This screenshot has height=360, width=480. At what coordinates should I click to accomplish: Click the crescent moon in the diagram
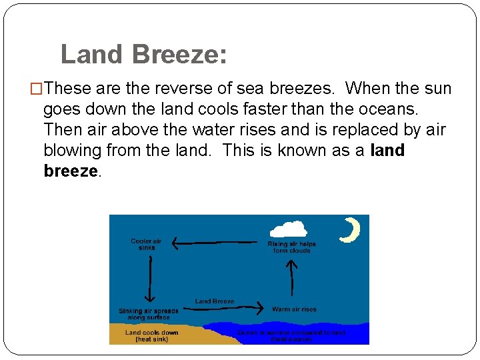tap(349, 230)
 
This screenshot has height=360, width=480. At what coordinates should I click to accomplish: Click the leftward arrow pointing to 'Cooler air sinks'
tap(214, 243)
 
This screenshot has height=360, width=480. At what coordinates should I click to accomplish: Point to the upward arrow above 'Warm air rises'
tap(291, 277)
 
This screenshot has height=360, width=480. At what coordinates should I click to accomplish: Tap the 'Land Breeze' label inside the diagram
tap(215, 301)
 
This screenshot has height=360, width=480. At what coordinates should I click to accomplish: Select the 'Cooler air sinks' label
tap(146, 244)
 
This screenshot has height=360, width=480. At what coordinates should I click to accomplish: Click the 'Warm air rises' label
tap(294, 309)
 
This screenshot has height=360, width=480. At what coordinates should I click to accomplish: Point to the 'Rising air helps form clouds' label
tap(291, 247)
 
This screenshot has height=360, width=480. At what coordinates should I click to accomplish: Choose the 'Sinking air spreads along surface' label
tap(149, 314)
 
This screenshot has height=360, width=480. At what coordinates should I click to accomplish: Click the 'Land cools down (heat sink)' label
tap(151, 335)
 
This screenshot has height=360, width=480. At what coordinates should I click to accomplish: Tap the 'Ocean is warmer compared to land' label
tap(292, 333)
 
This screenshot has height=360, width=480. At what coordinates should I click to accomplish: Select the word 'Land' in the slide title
tap(91, 54)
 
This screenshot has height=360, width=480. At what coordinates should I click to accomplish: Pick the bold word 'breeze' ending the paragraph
tap(71, 171)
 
